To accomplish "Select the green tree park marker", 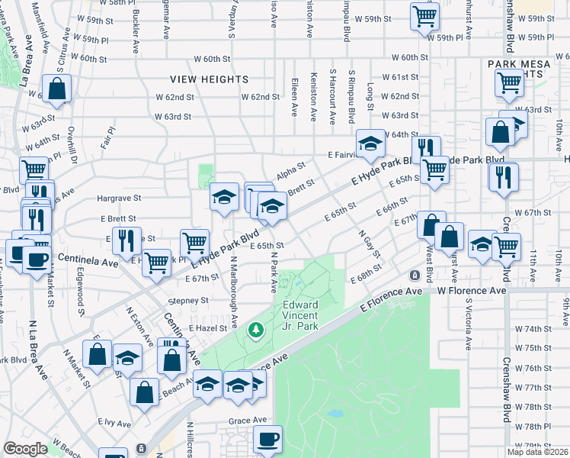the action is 256,330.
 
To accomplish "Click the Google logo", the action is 26,449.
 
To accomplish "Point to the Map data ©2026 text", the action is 536,452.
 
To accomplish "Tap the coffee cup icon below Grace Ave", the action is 267,439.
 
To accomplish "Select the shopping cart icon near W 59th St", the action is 424,15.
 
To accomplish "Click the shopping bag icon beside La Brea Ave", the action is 57,89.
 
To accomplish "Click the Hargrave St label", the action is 120,198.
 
